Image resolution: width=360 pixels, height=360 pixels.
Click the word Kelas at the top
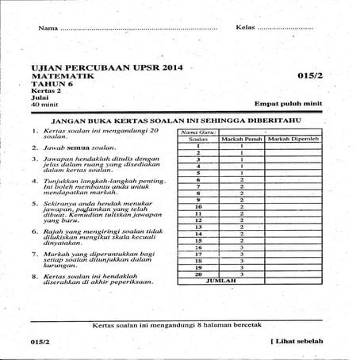tap(246, 29)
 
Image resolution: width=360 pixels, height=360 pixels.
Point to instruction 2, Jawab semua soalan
tap(79, 148)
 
